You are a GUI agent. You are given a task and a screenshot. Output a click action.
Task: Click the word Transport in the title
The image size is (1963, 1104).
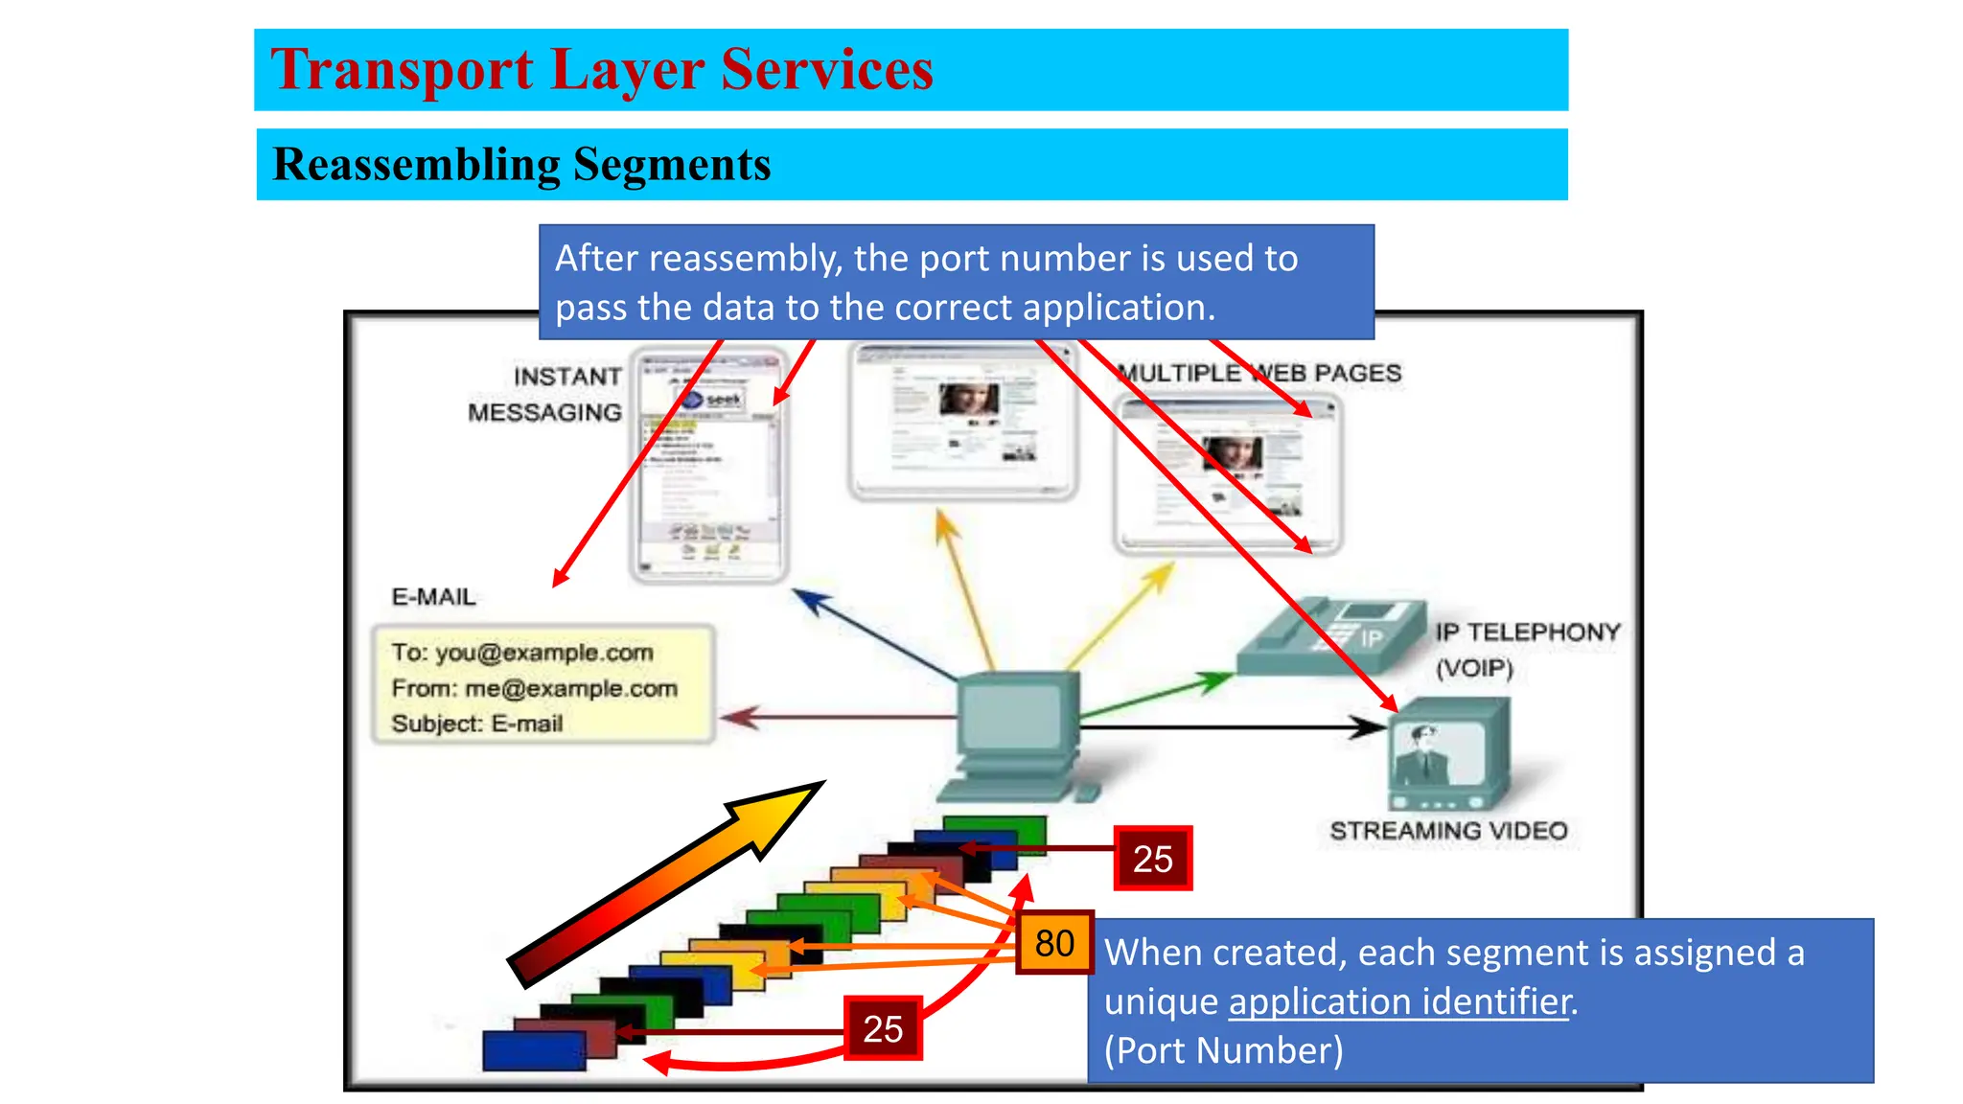click(402, 70)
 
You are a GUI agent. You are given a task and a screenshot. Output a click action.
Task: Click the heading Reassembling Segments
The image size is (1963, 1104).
click(521, 164)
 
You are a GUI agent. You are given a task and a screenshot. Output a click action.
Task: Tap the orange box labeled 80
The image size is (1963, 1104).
click(1054, 943)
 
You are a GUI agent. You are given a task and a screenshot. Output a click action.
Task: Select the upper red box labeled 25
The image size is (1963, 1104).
click(1152, 859)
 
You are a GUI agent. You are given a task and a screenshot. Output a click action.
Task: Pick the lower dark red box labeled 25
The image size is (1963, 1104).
click(882, 1028)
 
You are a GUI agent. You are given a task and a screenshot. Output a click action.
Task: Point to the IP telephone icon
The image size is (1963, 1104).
click(1332, 636)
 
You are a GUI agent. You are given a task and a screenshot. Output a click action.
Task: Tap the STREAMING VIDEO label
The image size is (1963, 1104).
click(1447, 831)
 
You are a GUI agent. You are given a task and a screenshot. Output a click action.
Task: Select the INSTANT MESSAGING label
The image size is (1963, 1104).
click(546, 394)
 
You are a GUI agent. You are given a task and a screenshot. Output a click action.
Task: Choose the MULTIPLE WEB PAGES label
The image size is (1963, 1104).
click(1259, 373)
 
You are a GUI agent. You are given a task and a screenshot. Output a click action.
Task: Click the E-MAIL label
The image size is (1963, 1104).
click(433, 597)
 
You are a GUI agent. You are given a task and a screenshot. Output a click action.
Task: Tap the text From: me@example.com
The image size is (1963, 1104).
click(534, 688)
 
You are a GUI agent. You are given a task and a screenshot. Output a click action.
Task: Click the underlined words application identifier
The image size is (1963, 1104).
click(1398, 1001)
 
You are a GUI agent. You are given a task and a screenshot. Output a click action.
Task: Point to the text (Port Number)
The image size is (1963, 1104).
click(1223, 1050)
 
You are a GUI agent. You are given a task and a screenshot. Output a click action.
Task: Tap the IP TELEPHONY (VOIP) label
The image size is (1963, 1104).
click(1526, 649)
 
